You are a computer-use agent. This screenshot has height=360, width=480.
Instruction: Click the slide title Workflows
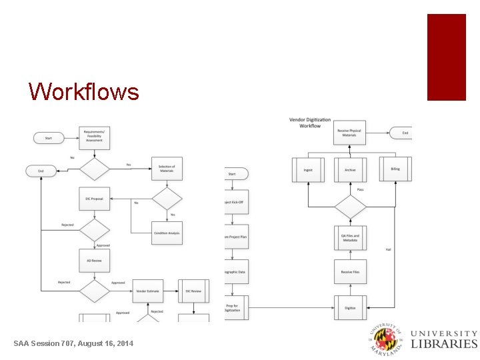tap(84, 91)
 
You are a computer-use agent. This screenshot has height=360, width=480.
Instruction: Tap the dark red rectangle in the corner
tap(446, 57)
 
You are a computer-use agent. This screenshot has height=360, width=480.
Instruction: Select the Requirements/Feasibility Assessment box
tap(94, 136)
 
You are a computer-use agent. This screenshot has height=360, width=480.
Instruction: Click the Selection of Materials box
tap(167, 168)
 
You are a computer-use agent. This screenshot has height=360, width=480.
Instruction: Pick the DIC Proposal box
tap(94, 199)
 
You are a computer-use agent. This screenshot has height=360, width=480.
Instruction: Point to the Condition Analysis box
tap(167, 233)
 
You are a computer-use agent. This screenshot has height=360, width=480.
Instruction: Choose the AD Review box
tap(94, 261)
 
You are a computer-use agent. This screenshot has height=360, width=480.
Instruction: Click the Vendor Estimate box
tap(148, 291)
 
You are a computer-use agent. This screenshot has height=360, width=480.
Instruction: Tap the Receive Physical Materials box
tap(351, 132)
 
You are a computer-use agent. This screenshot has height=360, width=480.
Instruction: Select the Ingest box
tap(308, 170)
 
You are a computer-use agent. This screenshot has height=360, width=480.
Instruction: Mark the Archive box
tap(351, 170)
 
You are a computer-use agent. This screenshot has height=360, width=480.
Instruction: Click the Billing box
tap(395, 169)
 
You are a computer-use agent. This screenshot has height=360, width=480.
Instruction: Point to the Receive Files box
tap(351, 271)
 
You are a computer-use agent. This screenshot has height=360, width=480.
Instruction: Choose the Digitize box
tap(351, 307)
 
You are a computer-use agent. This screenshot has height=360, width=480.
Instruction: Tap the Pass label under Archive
tap(360, 190)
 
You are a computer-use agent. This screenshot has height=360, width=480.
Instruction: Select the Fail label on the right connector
tap(389, 249)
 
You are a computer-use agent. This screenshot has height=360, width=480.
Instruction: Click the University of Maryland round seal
tap(387, 339)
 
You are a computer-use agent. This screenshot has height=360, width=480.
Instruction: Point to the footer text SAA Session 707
tap(73, 343)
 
